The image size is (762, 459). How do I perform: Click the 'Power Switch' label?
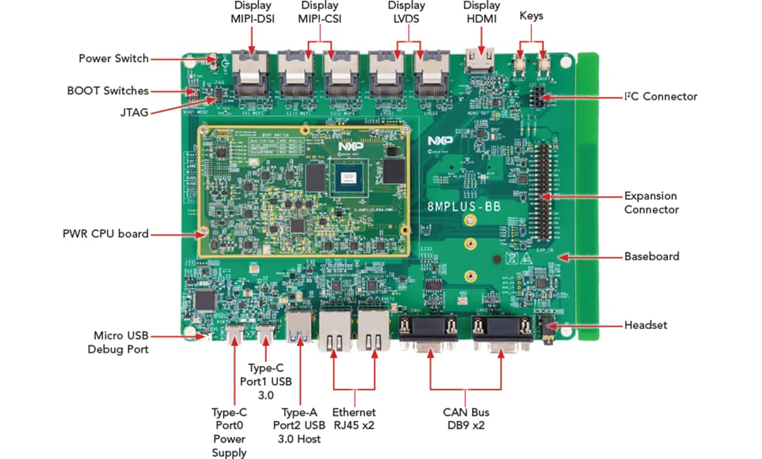(x=114, y=58)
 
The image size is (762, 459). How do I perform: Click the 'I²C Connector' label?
(x=661, y=96)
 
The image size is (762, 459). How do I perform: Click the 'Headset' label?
(x=646, y=325)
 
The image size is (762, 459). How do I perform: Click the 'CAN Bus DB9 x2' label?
(x=466, y=419)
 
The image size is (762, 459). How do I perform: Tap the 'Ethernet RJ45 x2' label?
(x=354, y=419)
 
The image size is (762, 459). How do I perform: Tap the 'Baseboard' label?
(x=651, y=256)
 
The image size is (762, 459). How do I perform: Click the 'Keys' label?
(x=531, y=15)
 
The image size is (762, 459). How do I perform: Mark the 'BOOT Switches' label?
(x=108, y=90)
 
